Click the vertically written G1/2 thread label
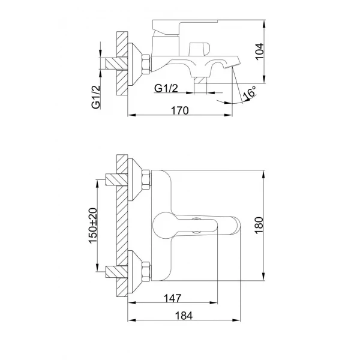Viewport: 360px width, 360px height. [x=95, y=96]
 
